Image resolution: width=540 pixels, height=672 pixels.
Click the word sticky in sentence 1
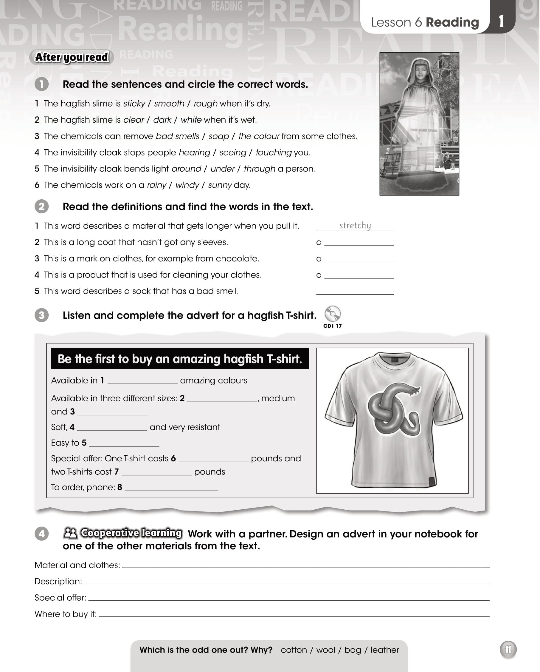134,104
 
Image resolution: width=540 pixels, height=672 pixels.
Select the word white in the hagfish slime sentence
191,120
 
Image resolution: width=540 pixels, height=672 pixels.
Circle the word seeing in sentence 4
232,153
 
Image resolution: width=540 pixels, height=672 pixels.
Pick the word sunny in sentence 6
220,185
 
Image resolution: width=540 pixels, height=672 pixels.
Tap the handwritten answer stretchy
355,225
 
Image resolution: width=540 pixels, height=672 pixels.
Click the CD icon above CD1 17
332,314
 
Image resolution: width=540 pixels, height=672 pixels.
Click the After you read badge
72,57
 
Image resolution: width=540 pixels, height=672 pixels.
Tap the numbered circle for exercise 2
42,206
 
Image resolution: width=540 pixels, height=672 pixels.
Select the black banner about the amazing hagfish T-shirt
180,359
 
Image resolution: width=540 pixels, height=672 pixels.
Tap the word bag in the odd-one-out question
353,650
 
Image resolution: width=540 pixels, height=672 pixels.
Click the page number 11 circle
508,650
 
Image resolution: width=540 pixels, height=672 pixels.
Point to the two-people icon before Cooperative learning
70,533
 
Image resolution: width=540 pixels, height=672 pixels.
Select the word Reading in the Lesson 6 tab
452,22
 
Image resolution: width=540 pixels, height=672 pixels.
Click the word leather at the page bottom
385,650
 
